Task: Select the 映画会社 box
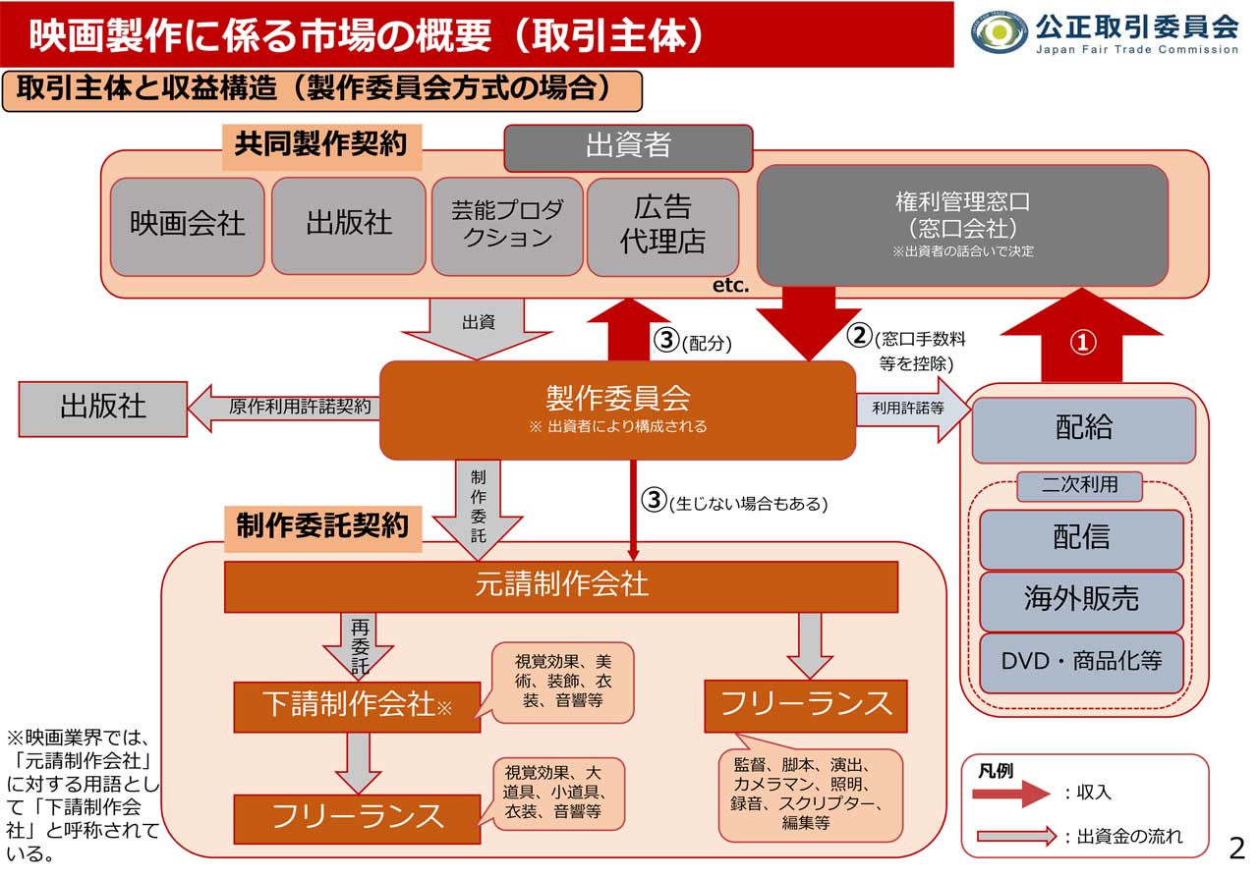pyautogui.click(x=188, y=226)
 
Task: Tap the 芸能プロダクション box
pyautogui.click(x=507, y=226)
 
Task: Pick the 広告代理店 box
pyautogui.click(x=662, y=226)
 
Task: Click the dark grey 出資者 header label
pyautogui.click(x=628, y=147)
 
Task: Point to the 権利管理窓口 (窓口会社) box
pyautogui.click(x=962, y=225)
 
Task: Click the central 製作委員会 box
pyautogui.click(x=617, y=410)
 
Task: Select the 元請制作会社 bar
pyautogui.click(x=561, y=586)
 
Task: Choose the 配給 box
pyautogui.click(x=1084, y=429)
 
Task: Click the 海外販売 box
pyautogui.click(x=1081, y=601)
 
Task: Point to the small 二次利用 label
pyautogui.click(x=1080, y=484)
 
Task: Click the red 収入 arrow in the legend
pyautogui.click(x=1012, y=793)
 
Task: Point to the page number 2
pyautogui.click(x=1236, y=847)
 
